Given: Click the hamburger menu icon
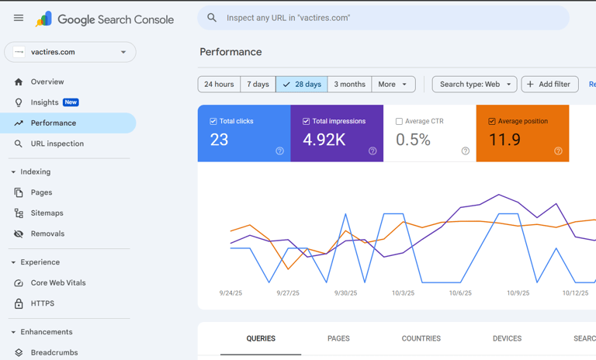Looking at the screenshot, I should (19, 18).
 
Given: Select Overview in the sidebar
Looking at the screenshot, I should (47, 81).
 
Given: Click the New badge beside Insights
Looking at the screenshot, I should (71, 102).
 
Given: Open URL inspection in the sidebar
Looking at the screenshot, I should (57, 144).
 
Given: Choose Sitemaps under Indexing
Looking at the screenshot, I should (47, 213).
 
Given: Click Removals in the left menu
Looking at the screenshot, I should (47, 234).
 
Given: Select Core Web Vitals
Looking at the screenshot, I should (58, 283).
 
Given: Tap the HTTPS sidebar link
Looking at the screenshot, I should (43, 303).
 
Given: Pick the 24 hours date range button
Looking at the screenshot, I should (219, 84).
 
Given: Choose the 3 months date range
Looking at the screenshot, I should (349, 84).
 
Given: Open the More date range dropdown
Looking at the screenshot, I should (393, 84).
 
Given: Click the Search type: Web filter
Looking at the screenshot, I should (474, 84).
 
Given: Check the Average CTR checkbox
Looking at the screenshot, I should (399, 121).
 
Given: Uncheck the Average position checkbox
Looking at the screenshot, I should (492, 121).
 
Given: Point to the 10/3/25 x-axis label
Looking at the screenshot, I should (403, 293).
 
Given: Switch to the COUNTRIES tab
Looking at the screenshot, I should (421, 338).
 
